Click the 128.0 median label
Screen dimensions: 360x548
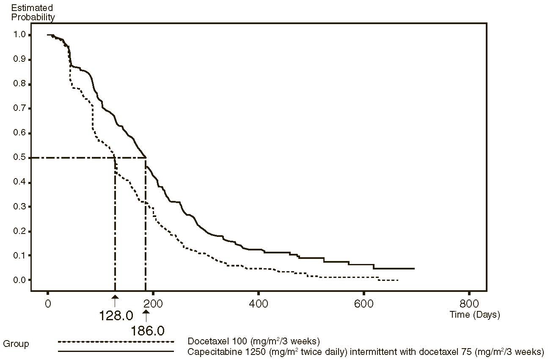point(115,315)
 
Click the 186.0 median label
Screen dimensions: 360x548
point(147,330)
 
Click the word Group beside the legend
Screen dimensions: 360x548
point(16,344)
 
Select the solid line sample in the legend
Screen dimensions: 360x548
point(116,352)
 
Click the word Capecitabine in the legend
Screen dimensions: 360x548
point(208,352)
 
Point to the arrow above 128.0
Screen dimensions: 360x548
point(115,302)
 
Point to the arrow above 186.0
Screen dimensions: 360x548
point(146,316)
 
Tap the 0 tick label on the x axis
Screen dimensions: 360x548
point(48,304)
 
